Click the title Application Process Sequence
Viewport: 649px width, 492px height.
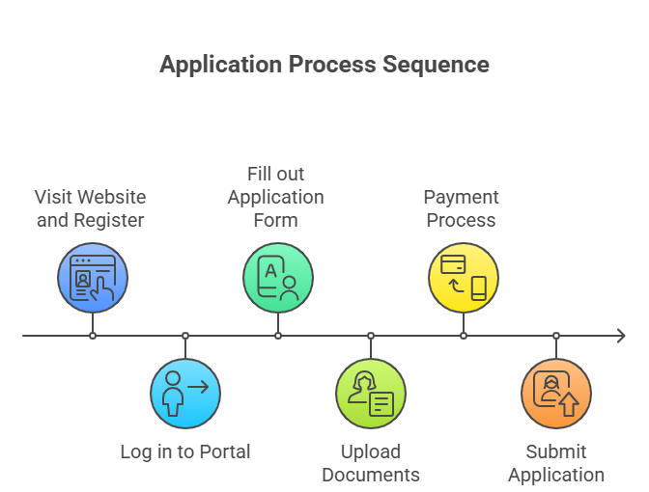(324, 65)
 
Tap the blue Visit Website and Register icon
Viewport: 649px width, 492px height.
(93, 278)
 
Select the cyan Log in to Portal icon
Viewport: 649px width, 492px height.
(185, 393)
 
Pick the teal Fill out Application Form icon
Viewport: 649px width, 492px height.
(278, 278)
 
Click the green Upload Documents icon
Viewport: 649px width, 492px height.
(371, 393)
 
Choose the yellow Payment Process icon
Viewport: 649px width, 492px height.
(464, 278)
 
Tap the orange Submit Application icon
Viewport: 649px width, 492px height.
(556, 393)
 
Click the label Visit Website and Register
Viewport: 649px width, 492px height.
(90, 208)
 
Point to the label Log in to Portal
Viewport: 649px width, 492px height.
(185, 451)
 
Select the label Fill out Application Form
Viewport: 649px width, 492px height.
(276, 197)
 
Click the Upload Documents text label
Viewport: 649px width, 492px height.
(371, 463)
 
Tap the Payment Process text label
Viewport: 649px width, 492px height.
(461, 208)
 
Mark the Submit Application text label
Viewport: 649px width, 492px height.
(556, 463)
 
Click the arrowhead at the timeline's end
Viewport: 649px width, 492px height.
(620, 336)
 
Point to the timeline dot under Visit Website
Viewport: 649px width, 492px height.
(93, 336)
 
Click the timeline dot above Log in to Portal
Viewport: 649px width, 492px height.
(185, 336)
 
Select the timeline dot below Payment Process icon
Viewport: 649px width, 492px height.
(464, 336)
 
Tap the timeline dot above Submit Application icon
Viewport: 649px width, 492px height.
(556, 336)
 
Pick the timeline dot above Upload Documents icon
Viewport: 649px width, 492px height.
(371, 336)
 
